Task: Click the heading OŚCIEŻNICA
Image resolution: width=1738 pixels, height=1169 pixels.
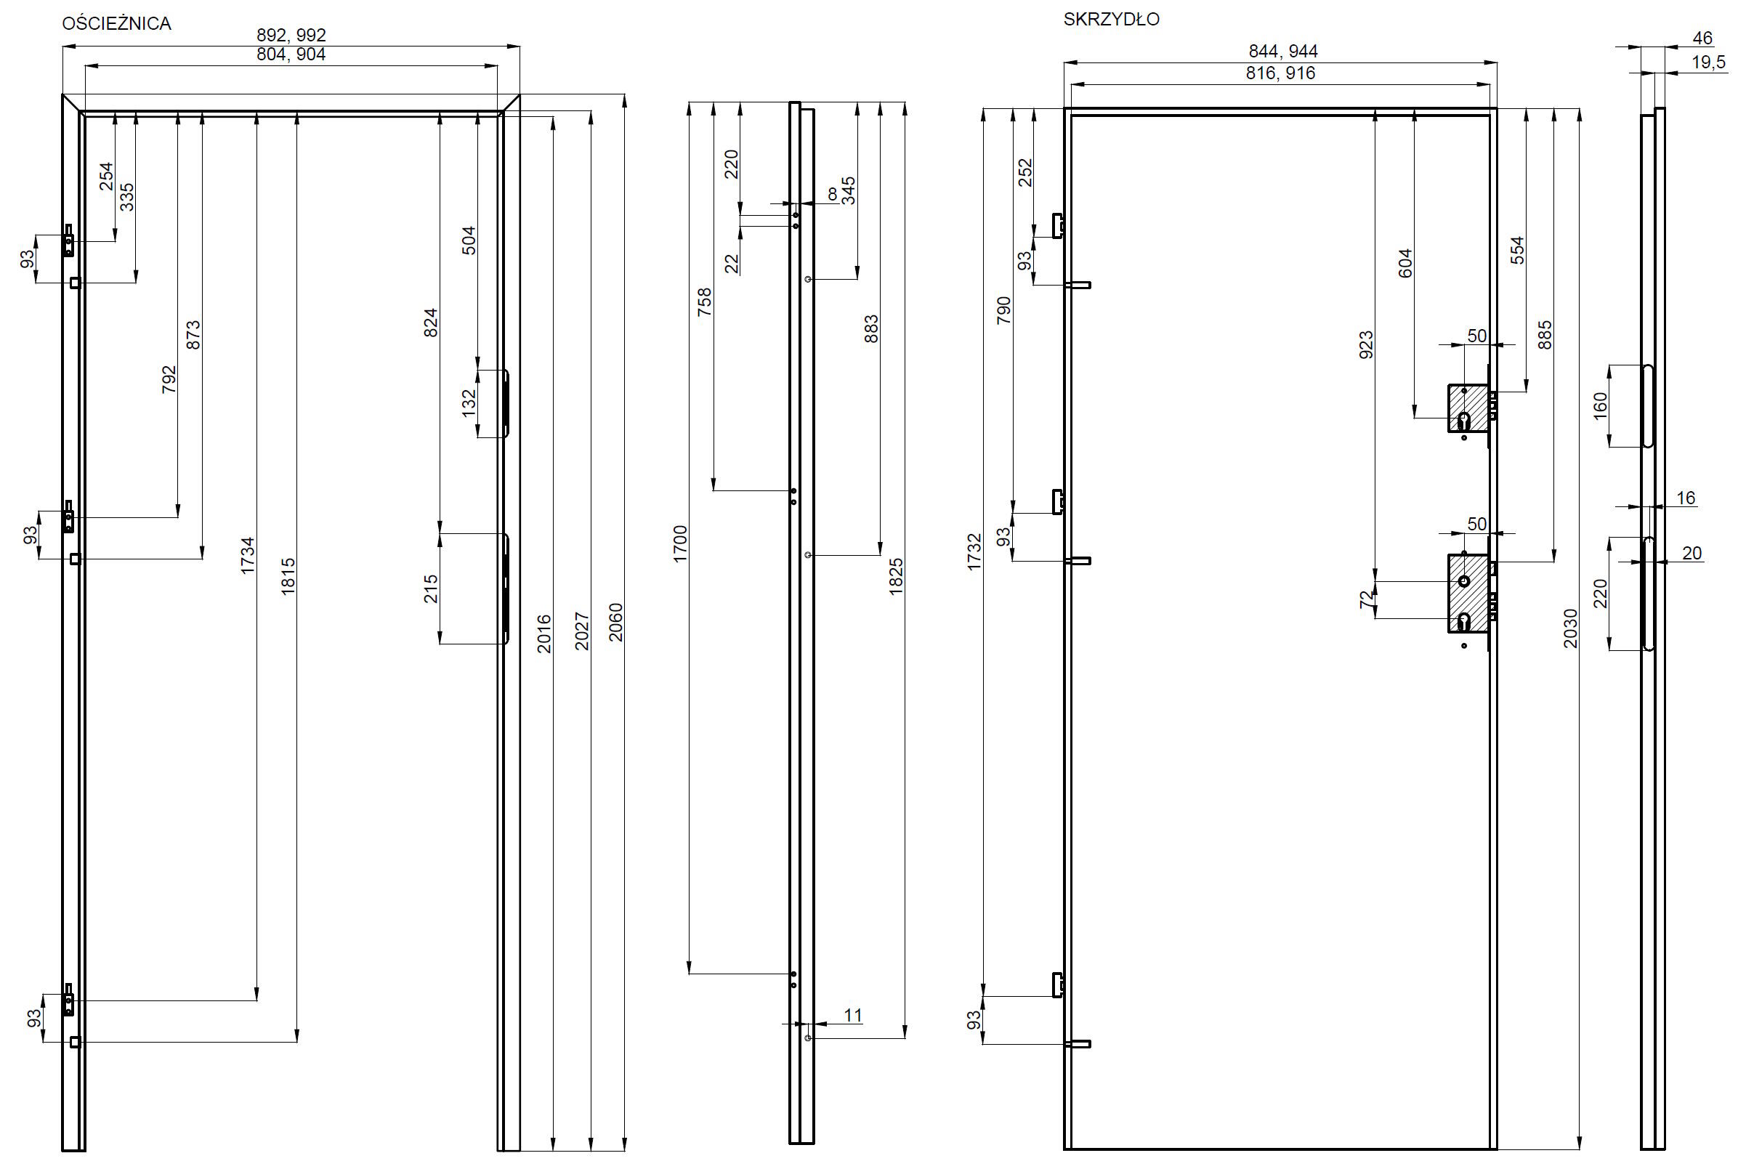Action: (x=116, y=23)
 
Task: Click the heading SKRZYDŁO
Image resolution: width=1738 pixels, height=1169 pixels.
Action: (x=1111, y=20)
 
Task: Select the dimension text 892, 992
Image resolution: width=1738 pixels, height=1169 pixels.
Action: (x=291, y=35)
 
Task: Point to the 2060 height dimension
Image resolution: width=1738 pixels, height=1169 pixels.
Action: (x=615, y=623)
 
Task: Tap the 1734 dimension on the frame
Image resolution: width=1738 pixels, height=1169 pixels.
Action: (x=248, y=555)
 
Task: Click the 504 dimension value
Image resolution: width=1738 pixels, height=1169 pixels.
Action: (x=468, y=240)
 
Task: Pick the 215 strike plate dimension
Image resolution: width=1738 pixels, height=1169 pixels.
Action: (x=430, y=589)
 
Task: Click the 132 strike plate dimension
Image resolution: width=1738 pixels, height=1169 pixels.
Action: (x=468, y=403)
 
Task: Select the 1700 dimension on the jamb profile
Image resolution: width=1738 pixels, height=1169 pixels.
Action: (x=680, y=543)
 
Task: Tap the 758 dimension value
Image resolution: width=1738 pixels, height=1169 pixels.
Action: (x=704, y=302)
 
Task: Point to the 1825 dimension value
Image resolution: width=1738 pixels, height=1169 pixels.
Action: (x=895, y=576)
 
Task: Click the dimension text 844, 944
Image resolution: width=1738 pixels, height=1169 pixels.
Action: (x=1283, y=52)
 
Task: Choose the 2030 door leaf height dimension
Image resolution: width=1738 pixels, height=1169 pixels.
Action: (x=1570, y=628)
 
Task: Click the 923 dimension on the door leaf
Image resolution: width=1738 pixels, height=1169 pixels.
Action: (x=1365, y=345)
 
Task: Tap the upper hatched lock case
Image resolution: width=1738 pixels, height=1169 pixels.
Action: (x=1468, y=408)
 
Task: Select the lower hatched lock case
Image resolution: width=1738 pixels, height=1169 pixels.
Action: (x=1468, y=594)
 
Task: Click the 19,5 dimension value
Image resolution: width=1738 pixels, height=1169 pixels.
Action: (x=1709, y=62)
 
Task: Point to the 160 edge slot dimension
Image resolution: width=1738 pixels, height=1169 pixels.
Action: (x=1600, y=406)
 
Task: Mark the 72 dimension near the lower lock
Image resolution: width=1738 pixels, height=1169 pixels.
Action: (x=1365, y=599)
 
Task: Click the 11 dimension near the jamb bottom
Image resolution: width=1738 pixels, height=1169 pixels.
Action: (x=853, y=1015)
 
